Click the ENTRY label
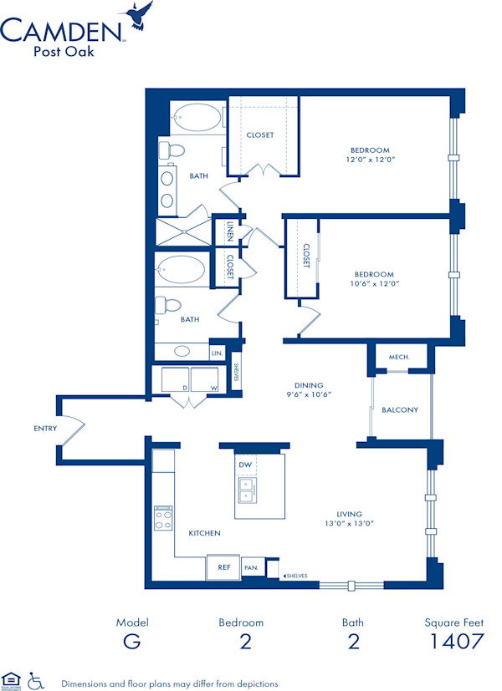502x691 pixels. (x=46, y=429)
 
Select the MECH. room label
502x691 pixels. (x=399, y=357)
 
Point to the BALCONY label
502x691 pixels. (x=399, y=409)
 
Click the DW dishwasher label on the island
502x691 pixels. (x=245, y=465)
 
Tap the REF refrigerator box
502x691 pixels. (x=224, y=567)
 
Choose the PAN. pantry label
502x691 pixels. (x=251, y=567)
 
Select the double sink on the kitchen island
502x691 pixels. (x=246, y=490)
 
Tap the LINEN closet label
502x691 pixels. (x=231, y=231)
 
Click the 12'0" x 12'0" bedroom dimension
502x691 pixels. (x=369, y=159)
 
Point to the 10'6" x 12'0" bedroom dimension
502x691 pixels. (x=374, y=283)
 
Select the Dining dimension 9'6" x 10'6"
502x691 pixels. (x=310, y=394)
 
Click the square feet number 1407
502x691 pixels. (x=456, y=642)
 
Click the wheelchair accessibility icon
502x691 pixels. (x=35, y=680)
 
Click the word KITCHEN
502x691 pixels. (x=204, y=532)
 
